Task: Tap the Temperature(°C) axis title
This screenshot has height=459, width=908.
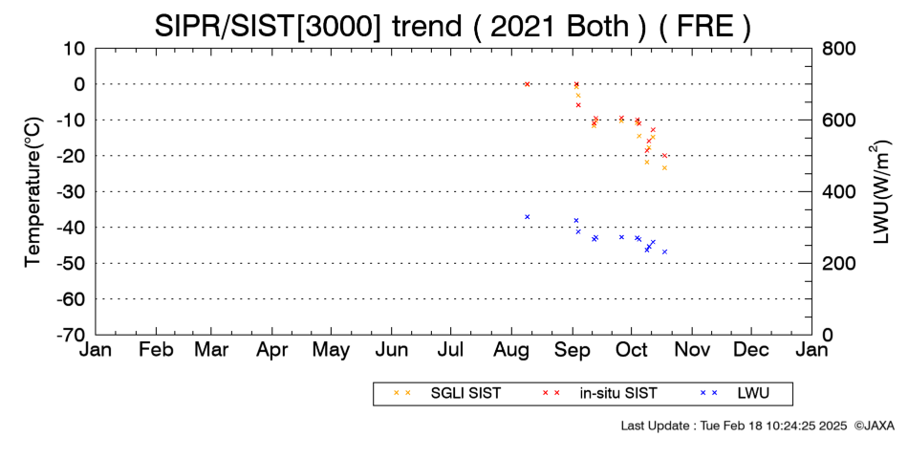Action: click(33, 192)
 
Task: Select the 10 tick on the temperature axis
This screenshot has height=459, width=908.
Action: click(75, 49)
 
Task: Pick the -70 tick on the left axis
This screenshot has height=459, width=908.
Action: click(71, 335)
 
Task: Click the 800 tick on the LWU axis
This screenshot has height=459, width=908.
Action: click(839, 49)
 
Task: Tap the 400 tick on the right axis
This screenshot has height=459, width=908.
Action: click(839, 192)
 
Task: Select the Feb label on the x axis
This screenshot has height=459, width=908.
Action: click(156, 350)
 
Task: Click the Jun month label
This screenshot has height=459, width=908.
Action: click(392, 350)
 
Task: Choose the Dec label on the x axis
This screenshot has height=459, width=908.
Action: click(751, 350)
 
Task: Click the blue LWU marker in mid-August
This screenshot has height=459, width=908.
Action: click(527, 217)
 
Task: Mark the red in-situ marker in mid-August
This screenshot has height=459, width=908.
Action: click(527, 84)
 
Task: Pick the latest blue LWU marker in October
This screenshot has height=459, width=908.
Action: click(665, 251)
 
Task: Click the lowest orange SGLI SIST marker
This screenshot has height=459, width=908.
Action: click(665, 168)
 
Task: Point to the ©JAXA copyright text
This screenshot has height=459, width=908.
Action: click(874, 426)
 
